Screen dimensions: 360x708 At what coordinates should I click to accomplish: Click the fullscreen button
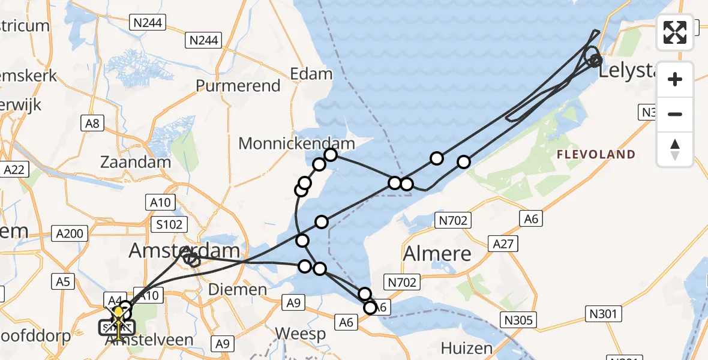[675, 32]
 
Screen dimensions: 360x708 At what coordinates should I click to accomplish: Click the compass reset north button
[675, 149]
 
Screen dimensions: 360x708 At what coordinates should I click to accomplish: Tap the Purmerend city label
[238, 86]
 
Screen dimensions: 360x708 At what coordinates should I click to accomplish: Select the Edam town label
[311, 74]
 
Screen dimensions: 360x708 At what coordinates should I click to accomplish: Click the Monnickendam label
[296, 143]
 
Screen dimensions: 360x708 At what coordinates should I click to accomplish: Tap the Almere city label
[437, 254]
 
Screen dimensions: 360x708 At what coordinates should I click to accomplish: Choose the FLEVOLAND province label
[596, 155]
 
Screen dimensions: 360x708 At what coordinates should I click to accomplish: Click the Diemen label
[237, 290]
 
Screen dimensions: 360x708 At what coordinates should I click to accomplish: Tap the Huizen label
[466, 348]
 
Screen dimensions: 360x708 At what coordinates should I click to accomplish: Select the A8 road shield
[92, 124]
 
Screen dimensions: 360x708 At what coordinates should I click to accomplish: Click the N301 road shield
[602, 312]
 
